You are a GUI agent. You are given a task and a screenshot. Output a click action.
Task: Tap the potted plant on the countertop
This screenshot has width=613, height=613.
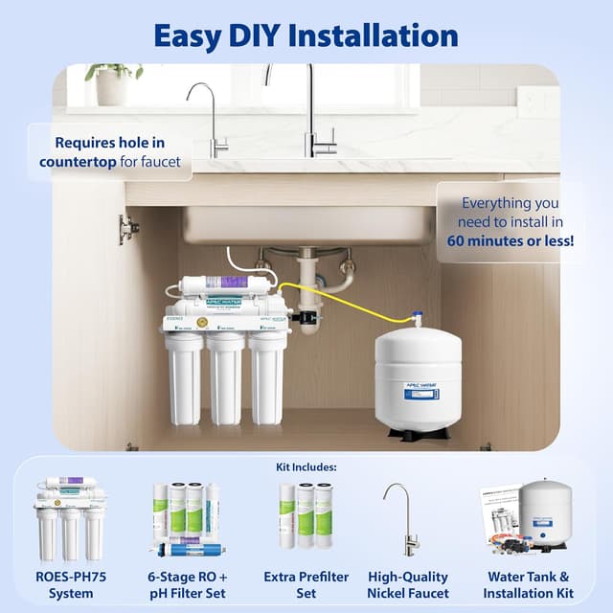[113, 84]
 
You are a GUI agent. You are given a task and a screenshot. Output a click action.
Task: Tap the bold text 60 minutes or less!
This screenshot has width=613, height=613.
[511, 241]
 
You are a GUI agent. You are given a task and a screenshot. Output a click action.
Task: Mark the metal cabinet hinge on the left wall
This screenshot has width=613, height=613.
[125, 229]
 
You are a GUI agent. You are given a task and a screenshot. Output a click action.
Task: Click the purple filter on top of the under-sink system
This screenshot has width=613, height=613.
[235, 284]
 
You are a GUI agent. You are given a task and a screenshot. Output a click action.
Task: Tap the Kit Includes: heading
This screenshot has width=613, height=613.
[306, 466]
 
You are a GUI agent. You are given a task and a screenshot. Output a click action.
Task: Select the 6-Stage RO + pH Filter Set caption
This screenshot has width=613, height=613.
[188, 585]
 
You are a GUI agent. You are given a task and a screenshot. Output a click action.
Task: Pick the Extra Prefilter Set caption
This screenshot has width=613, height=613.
[305, 585]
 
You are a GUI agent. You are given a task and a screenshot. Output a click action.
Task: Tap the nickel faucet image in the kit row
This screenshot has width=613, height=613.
[400, 517]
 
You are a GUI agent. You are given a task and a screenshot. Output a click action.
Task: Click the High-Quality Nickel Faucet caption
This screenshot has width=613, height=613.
[408, 585]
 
